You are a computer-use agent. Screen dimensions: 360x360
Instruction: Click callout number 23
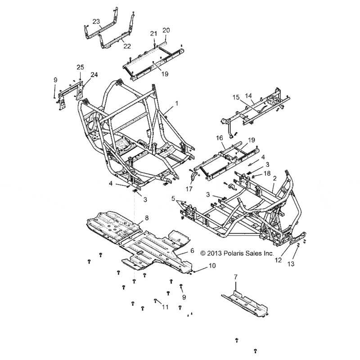pyautogui.click(x=96, y=21)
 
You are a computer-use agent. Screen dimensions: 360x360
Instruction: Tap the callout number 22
pyautogui.click(x=127, y=46)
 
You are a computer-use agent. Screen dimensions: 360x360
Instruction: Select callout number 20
pyautogui.click(x=166, y=30)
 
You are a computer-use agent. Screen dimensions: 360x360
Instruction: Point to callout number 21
pyautogui.click(x=153, y=33)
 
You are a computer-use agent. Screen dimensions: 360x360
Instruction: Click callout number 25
pyautogui.click(x=81, y=67)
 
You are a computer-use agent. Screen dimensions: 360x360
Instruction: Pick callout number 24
pyautogui.click(x=94, y=75)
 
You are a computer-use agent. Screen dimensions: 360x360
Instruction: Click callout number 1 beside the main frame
pyautogui.click(x=176, y=103)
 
